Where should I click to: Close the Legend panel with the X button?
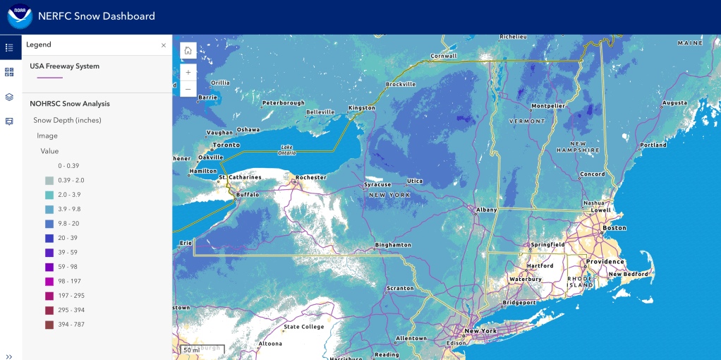pos(164,45)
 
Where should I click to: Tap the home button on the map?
pos(188,51)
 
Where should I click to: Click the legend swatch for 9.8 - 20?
pos(49,224)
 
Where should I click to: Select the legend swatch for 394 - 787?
pos(49,325)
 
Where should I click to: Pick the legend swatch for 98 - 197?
pos(49,282)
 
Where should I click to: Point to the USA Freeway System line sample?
pos(49,78)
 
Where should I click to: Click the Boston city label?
pos(614,228)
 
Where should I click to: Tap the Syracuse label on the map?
pos(377,185)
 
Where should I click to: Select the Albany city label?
pos(486,210)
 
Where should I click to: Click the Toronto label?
pos(226,145)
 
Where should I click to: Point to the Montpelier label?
pos(548,106)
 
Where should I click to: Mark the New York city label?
pos(480,330)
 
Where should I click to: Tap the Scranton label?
pos(400,288)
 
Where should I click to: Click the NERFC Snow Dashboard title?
pos(97,16)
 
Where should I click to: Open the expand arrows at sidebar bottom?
pos(9,356)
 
